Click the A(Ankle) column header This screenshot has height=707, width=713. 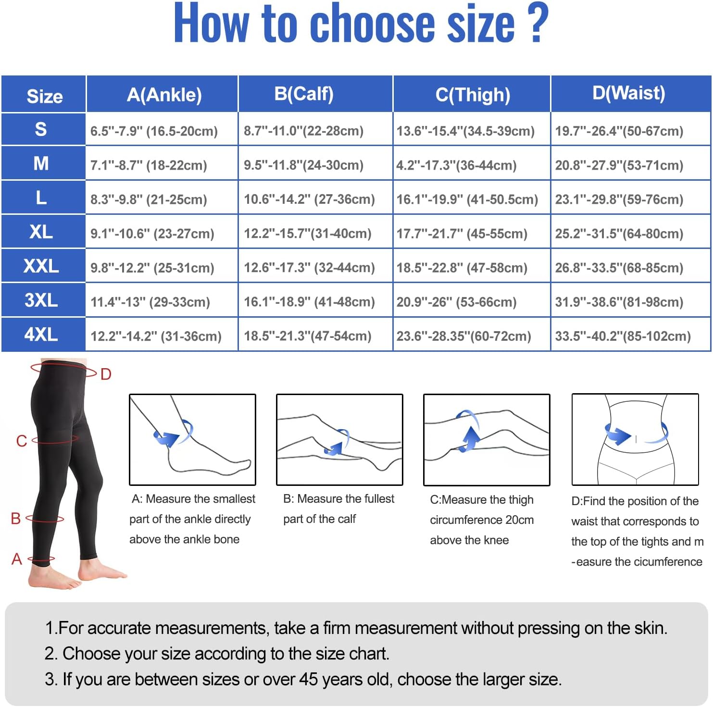(x=164, y=95)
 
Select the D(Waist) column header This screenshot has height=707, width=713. (x=629, y=93)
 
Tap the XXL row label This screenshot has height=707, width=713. (x=41, y=266)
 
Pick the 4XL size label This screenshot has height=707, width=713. (x=41, y=335)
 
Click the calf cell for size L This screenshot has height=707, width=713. (x=309, y=199)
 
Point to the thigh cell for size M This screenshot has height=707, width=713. (x=456, y=165)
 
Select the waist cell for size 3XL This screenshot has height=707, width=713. (x=619, y=302)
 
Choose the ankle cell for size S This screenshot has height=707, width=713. (x=154, y=131)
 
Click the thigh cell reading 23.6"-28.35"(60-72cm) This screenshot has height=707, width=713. (x=463, y=336)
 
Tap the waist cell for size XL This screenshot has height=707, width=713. (x=619, y=234)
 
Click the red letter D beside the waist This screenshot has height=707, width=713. (x=106, y=374)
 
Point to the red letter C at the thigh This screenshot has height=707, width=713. (x=22, y=441)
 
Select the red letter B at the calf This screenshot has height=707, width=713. (x=16, y=518)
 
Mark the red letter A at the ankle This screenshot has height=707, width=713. (x=17, y=558)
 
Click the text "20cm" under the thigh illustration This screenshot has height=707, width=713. (x=519, y=520)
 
